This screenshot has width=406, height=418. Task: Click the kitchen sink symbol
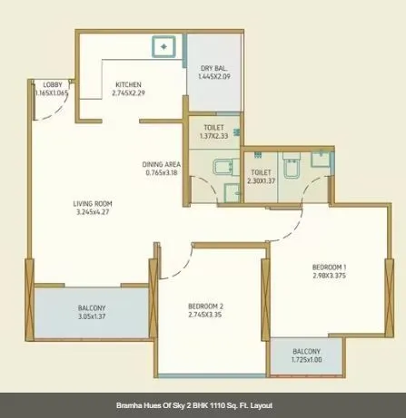point(164,44)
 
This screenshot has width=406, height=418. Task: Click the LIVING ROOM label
point(94,203)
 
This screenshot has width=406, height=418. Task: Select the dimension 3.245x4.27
point(94,212)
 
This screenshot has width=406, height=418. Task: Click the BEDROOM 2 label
point(206,306)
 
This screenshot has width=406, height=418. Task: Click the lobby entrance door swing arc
point(57,110)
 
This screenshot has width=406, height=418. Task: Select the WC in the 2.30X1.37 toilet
point(290,169)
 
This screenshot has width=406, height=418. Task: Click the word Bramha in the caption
point(132,405)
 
